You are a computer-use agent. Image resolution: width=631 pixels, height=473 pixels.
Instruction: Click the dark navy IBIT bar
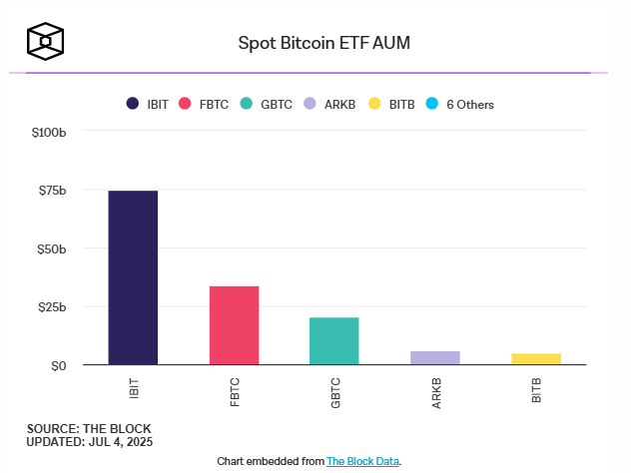[x=133, y=277]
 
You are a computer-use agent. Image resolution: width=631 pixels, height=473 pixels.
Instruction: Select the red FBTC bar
[x=234, y=325]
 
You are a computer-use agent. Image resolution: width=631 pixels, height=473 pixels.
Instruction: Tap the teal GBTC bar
[x=334, y=341]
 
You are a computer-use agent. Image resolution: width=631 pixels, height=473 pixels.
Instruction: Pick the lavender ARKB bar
[x=435, y=358]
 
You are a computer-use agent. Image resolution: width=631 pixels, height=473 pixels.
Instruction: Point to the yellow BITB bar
[x=536, y=359]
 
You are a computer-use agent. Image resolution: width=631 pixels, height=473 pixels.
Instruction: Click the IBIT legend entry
[x=147, y=104]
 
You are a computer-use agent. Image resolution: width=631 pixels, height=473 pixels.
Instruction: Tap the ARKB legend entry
[x=330, y=104]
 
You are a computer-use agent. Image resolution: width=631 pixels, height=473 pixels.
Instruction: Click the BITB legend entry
[x=390, y=104]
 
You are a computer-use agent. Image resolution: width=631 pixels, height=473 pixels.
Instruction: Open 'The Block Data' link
[x=362, y=461]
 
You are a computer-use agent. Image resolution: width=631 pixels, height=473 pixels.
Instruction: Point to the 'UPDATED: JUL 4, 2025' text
[x=90, y=441]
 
